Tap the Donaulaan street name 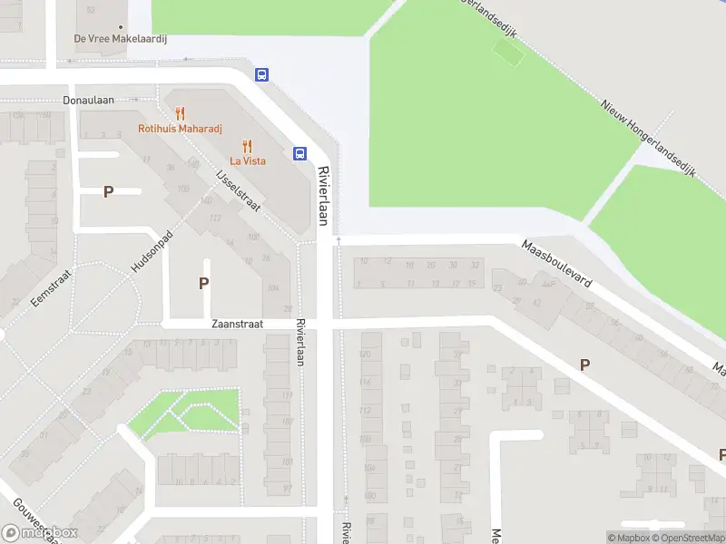[88, 100]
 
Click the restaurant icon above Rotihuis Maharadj [180, 113]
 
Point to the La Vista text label [247, 160]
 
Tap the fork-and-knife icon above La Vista [247, 145]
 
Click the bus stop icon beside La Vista [299, 153]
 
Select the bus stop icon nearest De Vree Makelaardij [261, 75]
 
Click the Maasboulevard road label [556, 264]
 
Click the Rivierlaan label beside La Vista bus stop [322, 195]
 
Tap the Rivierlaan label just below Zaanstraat [299, 343]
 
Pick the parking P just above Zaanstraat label [204, 283]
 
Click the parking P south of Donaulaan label [108, 191]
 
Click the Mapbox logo [40, 533]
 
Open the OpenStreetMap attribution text [687, 538]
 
